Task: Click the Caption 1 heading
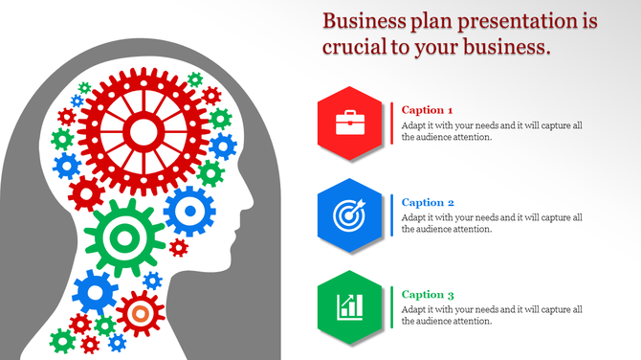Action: click(x=428, y=110)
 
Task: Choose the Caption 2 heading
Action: click(x=428, y=202)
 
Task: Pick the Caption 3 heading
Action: click(x=428, y=294)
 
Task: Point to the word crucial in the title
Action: click(x=355, y=47)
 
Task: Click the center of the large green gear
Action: click(x=125, y=235)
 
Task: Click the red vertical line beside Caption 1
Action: click(x=393, y=124)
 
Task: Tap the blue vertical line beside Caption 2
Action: click(x=393, y=215)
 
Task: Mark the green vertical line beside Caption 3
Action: click(x=393, y=307)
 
